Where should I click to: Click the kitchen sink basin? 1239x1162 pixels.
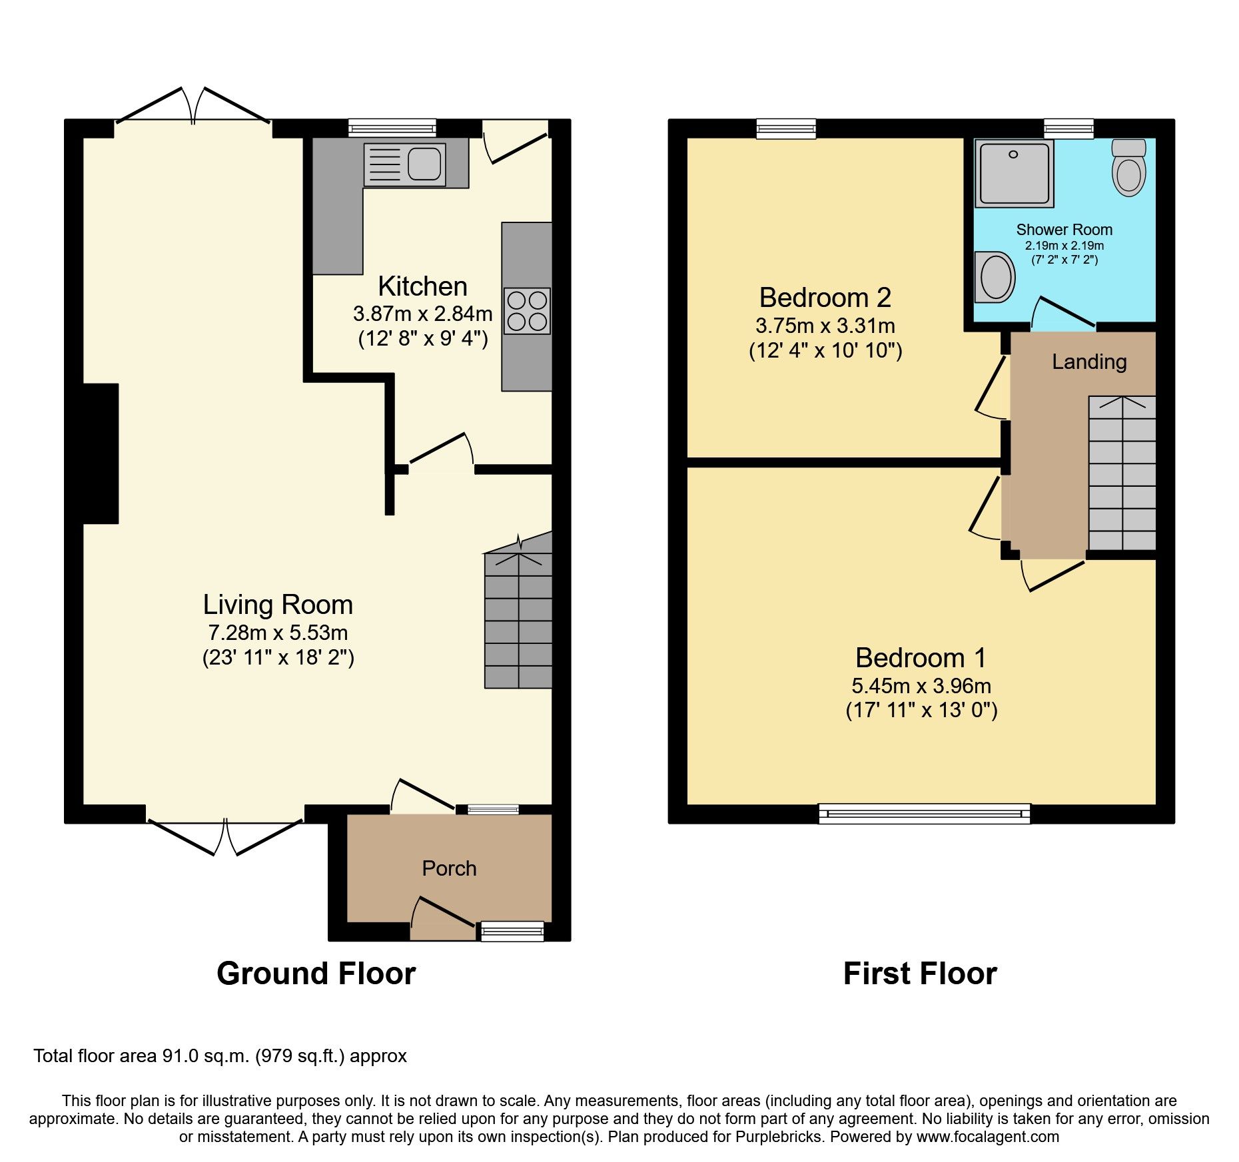click(424, 164)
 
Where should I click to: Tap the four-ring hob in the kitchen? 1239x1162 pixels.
click(527, 311)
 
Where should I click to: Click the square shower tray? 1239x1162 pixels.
click(1015, 172)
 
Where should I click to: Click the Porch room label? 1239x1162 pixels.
click(449, 868)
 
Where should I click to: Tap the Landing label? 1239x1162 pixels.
click(1089, 362)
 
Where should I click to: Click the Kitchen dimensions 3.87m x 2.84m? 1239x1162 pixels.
click(422, 314)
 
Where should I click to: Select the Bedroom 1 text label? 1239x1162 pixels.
click(921, 658)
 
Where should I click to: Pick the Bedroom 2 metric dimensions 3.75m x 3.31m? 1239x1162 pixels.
click(825, 326)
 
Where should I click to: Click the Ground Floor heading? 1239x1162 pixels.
click(316, 974)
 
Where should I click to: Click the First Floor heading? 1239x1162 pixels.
click(919, 974)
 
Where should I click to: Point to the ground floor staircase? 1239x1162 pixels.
click(518, 619)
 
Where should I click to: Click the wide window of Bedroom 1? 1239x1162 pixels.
click(924, 813)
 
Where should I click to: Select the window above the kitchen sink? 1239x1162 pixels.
click(392, 128)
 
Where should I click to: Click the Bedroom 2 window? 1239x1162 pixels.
click(786, 129)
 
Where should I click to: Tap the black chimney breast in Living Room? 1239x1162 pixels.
click(100, 453)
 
